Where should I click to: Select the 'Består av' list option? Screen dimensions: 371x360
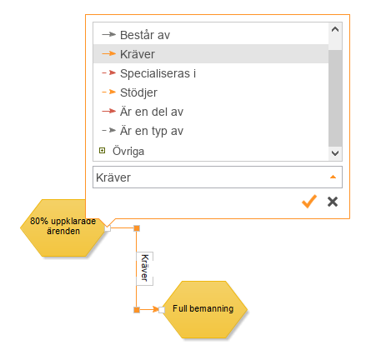pos(145,35)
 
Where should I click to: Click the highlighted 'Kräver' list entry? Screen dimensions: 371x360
pos(138,54)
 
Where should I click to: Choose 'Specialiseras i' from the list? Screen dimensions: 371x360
pos(158,73)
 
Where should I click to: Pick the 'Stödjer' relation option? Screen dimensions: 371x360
pos(138,92)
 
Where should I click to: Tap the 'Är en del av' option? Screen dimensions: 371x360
pos(152,112)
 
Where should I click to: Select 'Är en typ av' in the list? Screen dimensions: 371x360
pos(152,131)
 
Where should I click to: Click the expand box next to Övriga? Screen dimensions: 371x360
pos(103,151)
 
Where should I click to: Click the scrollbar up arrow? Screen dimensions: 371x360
pos(335,29)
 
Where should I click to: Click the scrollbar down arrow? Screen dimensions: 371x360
pos(335,153)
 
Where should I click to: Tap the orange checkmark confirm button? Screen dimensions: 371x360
pos(309,202)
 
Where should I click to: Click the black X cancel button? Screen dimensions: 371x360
pos(333,202)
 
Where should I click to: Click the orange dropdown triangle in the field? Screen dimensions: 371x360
pos(333,177)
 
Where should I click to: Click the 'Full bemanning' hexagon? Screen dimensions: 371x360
pos(204,309)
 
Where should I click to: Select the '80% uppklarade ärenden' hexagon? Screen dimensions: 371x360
pos(63,227)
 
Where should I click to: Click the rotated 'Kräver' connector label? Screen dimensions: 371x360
pos(144,268)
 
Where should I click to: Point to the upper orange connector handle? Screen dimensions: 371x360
pos(137,228)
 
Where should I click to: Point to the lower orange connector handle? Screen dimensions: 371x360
pos(137,310)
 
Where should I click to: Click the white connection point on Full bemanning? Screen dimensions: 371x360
pos(162,310)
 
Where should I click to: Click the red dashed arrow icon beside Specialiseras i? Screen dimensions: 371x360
pos(108,72)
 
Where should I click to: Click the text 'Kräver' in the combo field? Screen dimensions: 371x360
pos(113,177)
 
